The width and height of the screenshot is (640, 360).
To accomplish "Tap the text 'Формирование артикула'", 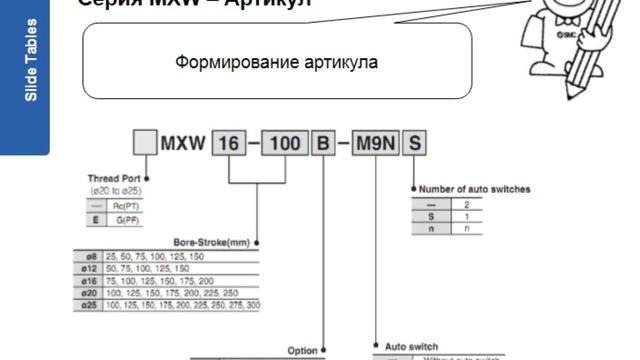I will click(x=276, y=62).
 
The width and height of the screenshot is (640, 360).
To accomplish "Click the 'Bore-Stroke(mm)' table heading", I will click(x=211, y=241).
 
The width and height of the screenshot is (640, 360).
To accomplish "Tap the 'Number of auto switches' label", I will click(x=473, y=189).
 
